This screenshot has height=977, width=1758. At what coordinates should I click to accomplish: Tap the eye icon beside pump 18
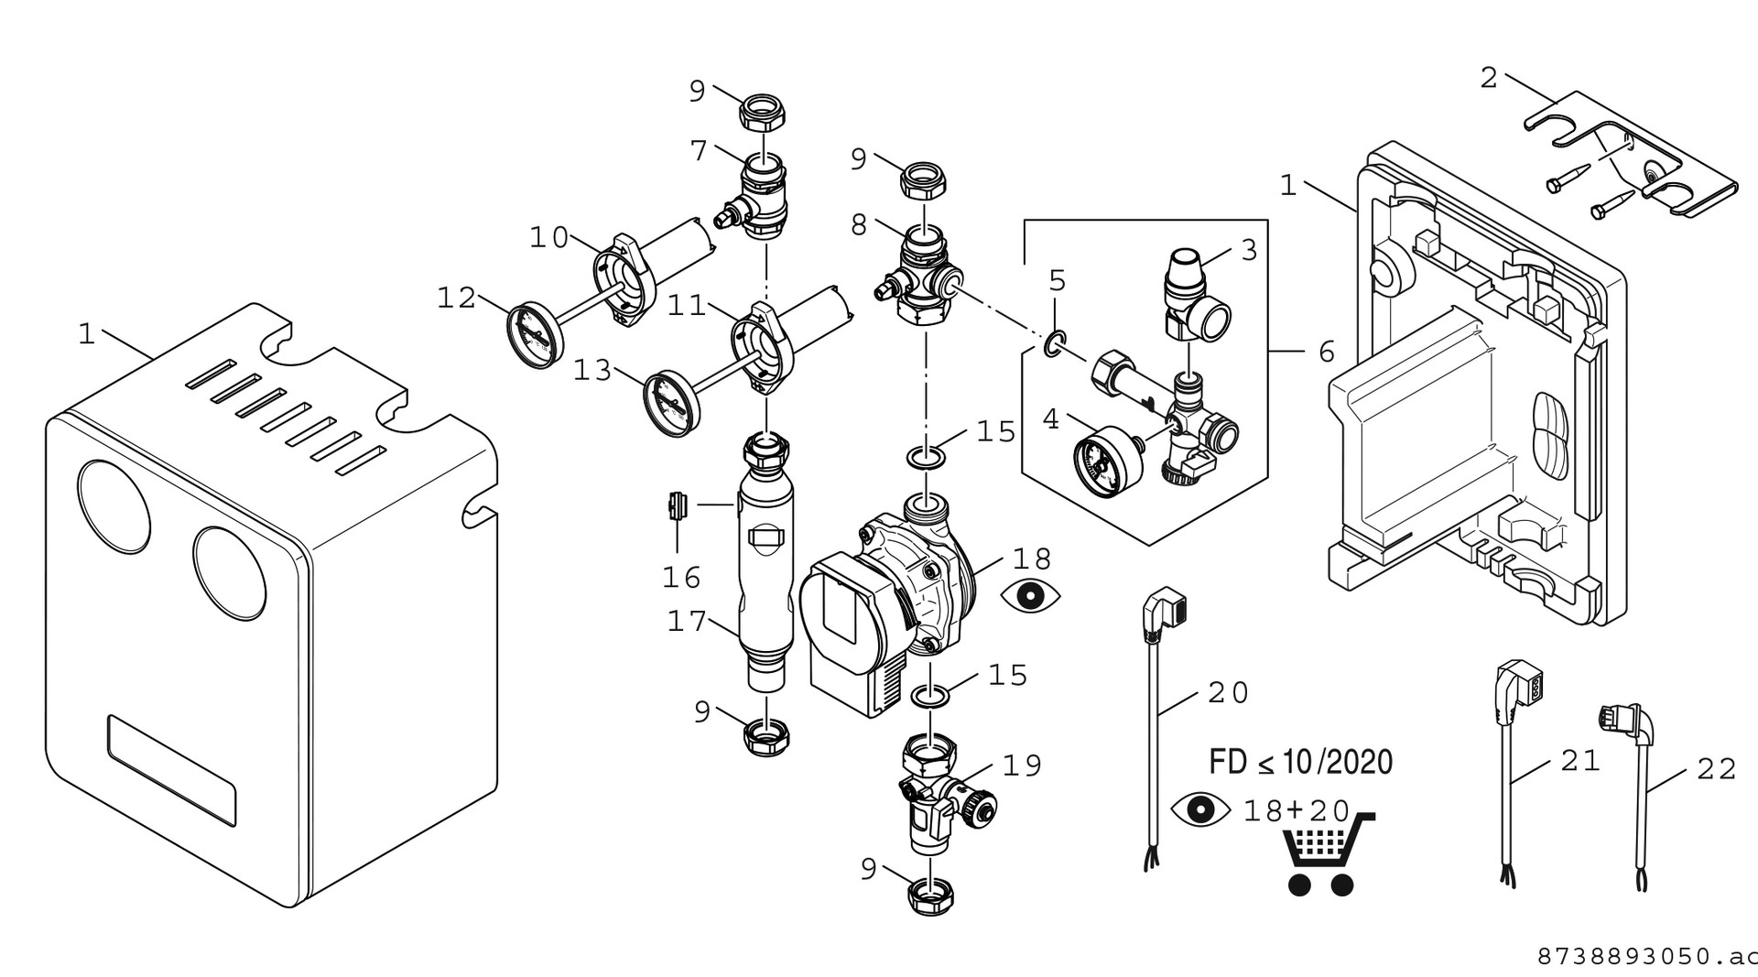click(1031, 595)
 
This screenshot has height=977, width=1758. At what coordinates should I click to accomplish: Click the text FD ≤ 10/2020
click(1300, 762)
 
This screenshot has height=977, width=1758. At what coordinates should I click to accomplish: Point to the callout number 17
click(687, 622)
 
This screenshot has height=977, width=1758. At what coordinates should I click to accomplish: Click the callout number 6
click(1327, 352)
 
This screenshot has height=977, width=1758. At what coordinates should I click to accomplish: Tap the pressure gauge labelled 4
click(1100, 455)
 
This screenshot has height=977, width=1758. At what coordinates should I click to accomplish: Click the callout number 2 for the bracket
click(1489, 79)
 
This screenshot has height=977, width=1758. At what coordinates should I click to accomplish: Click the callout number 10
click(549, 238)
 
